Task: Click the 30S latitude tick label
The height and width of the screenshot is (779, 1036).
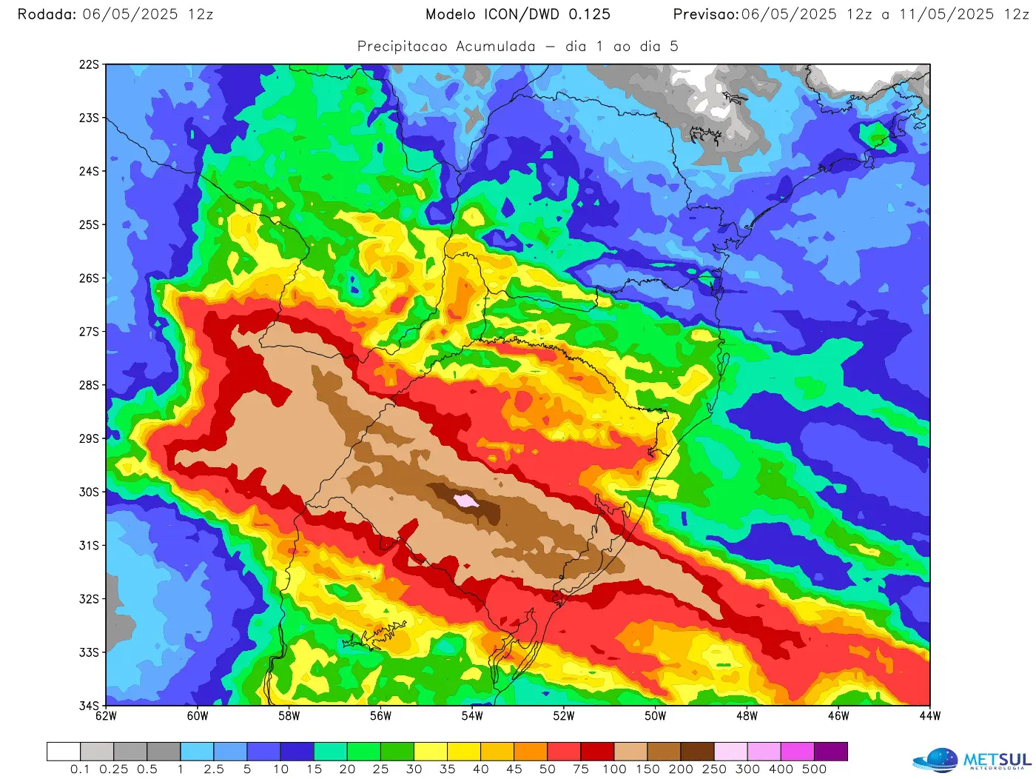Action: [89, 492]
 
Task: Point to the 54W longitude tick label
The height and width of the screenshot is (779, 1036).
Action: [472, 716]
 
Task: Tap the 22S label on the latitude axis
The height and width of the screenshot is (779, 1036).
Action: [89, 65]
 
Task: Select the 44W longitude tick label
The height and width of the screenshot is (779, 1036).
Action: [929, 716]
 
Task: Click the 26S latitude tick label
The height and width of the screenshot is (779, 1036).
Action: [89, 278]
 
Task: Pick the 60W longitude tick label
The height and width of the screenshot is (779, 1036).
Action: [198, 716]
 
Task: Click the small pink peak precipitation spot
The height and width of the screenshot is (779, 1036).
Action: [466, 501]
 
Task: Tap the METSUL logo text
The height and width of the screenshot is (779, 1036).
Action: [997, 760]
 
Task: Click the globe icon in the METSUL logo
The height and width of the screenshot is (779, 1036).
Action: [936, 760]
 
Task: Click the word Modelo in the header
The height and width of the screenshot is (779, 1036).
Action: [451, 15]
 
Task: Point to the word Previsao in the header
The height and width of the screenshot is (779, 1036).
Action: [706, 15]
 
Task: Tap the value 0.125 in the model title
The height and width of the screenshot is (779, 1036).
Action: [590, 15]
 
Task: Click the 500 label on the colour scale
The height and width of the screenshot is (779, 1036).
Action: [814, 769]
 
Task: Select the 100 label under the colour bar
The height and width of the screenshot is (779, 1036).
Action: [614, 769]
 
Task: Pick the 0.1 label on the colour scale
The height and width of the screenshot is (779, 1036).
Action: [80, 769]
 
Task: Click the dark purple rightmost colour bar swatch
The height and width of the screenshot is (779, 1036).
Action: [831, 752]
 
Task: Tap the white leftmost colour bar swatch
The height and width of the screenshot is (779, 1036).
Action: [64, 752]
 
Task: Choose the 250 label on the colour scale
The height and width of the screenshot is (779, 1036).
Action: [714, 769]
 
